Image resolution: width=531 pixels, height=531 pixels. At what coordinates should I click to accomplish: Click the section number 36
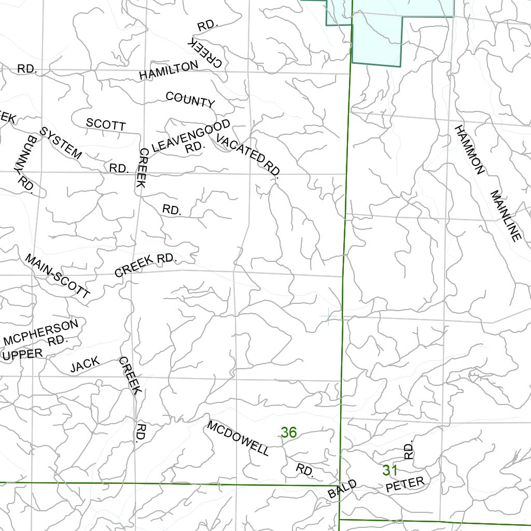coord(289,432)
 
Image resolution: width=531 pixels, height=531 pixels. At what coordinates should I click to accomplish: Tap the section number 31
coord(390,470)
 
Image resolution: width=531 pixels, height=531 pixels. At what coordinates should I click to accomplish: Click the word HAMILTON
coord(169,70)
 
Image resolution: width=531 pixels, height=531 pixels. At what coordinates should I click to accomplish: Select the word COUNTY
coord(190,100)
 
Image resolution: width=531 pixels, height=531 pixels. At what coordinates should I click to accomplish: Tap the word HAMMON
coord(470,149)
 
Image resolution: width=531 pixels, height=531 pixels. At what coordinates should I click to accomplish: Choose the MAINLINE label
coord(505,216)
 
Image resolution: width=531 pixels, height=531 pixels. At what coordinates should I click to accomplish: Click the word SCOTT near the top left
coord(106,124)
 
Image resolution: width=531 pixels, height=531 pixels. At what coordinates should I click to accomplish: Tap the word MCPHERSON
coord(41,332)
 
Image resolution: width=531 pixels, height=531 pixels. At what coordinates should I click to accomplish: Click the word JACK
coord(85,365)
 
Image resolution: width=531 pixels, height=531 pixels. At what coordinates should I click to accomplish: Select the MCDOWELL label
coord(238,438)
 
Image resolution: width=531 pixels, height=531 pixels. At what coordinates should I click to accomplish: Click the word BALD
coord(343,489)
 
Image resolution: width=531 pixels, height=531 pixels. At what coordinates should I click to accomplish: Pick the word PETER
coord(405,484)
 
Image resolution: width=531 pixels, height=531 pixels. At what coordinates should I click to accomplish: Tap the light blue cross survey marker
coord(328,315)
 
